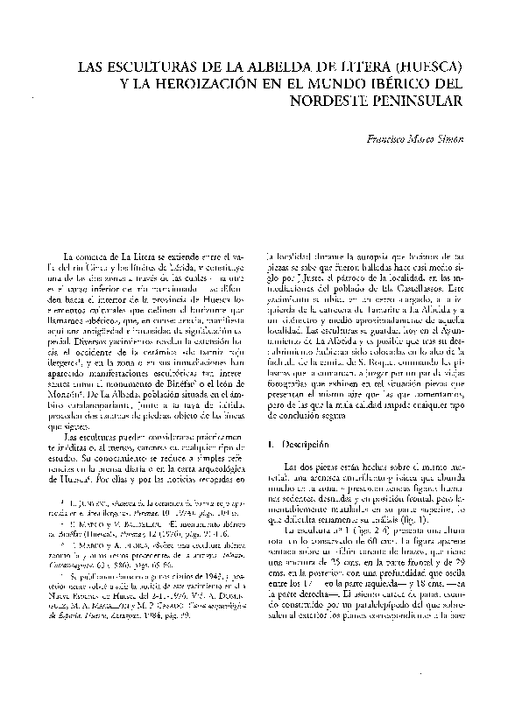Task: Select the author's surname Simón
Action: coord(450,139)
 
